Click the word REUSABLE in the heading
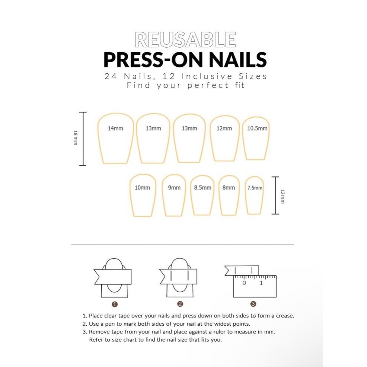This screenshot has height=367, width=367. click(x=185, y=40)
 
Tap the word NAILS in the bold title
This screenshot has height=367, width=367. click(x=238, y=60)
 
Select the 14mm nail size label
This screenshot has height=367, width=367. click(x=115, y=128)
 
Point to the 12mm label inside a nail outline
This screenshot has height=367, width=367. click(x=224, y=128)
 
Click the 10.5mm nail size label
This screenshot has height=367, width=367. click(x=258, y=128)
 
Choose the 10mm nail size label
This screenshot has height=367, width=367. click(x=142, y=188)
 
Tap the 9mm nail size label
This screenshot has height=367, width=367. click(x=174, y=188)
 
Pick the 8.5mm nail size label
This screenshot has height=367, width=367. click(x=203, y=188)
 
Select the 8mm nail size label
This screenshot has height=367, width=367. click(x=229, y=188)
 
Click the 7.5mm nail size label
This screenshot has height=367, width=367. click(x=255, y=188)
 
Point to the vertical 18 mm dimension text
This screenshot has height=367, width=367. click(x=75, y=138)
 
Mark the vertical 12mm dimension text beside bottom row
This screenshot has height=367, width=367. click(x=283, y=197)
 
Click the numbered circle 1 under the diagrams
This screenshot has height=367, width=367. click(x=115, y=304)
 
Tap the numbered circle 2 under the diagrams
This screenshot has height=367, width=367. click(x=180, y=304)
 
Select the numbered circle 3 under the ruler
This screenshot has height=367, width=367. click(x=253, y=304)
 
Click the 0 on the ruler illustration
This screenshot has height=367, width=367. click(x=244, y=283)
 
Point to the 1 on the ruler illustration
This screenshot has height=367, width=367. click(x=261, y=283)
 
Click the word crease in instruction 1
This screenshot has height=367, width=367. click(x=285, y=316)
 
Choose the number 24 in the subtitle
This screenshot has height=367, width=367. click(x=111, y=76)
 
